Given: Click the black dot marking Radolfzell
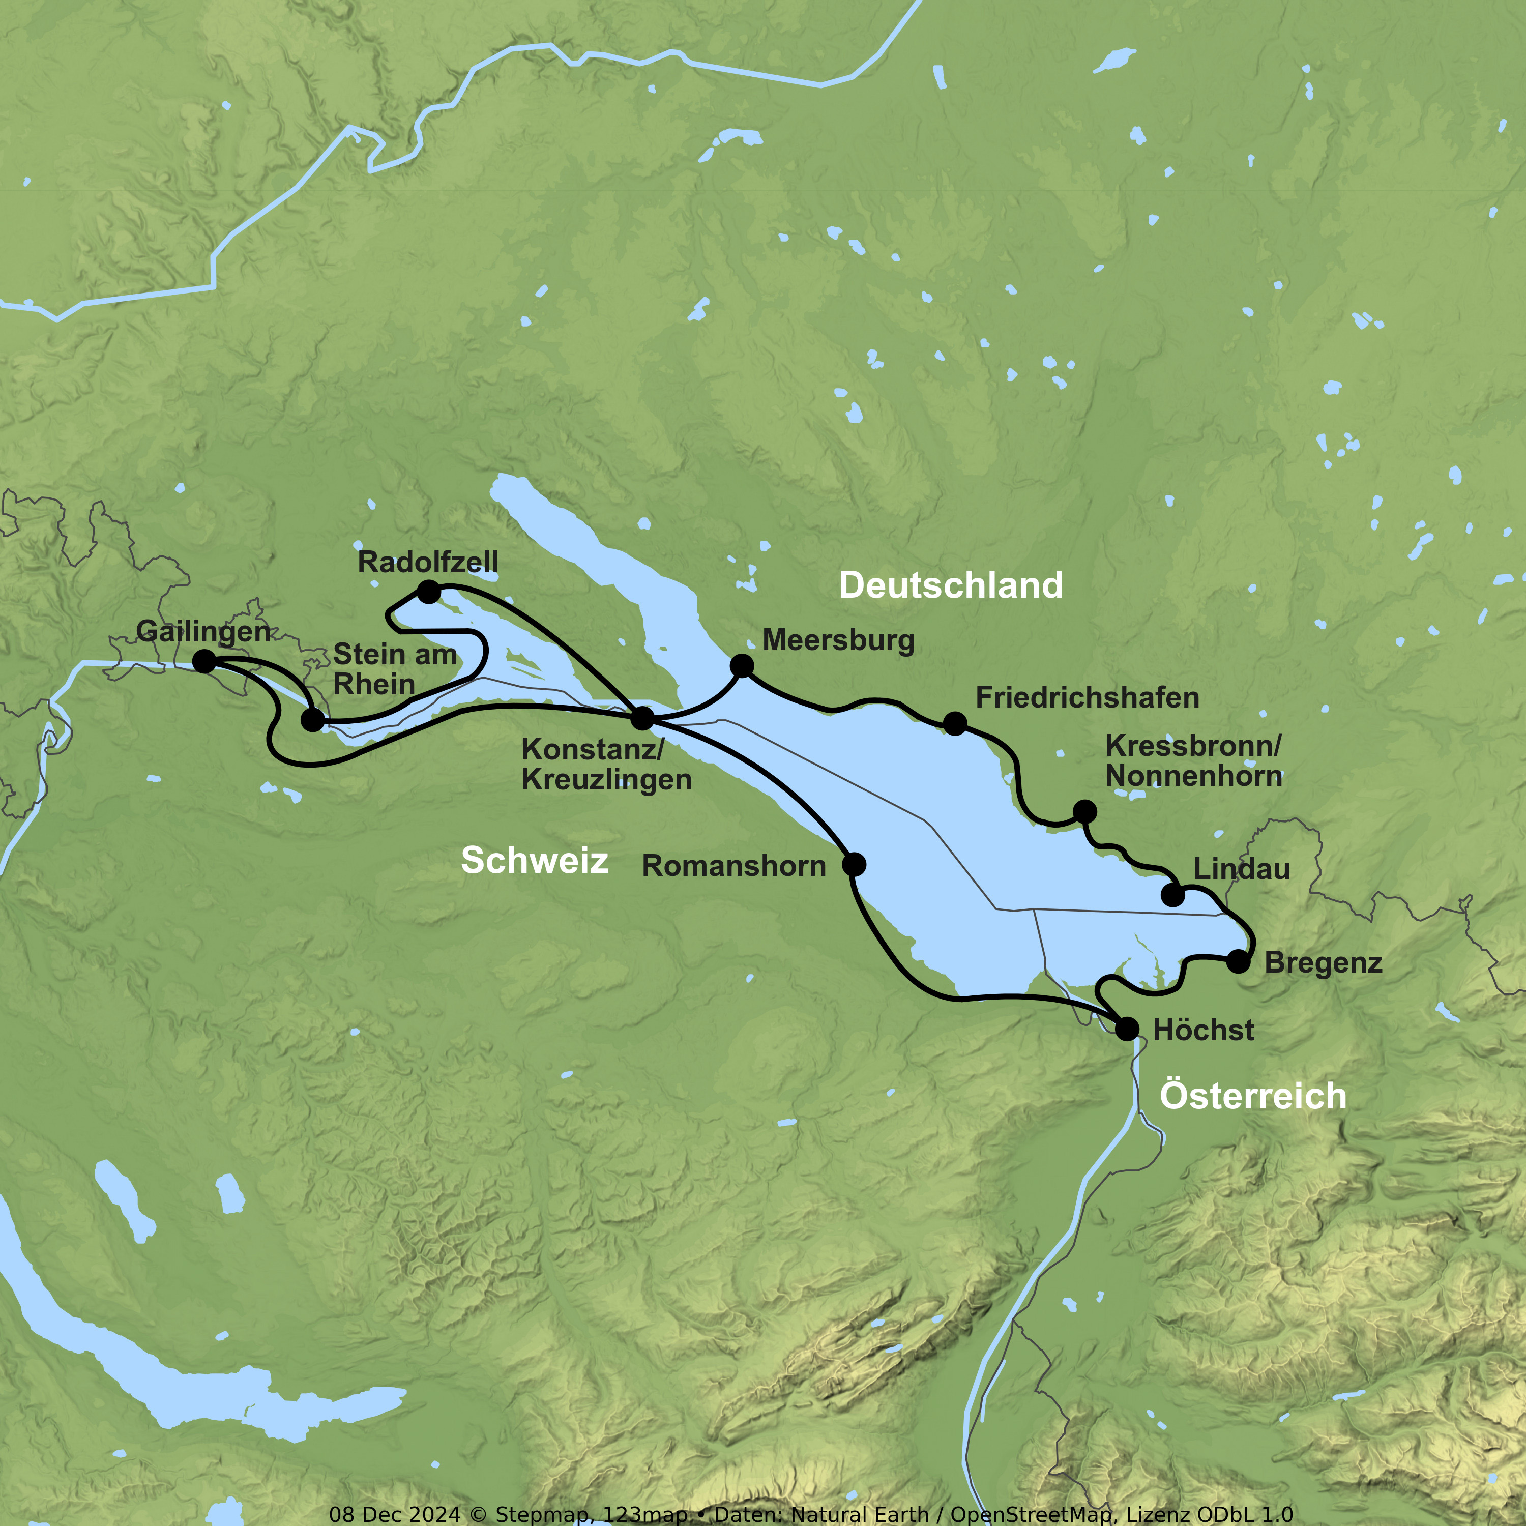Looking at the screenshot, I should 428,592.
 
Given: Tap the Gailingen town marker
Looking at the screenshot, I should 204,661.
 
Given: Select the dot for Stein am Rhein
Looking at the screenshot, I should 313,720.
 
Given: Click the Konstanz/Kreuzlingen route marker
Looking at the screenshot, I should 643,718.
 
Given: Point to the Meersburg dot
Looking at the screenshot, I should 742,666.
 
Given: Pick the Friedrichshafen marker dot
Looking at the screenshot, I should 955,723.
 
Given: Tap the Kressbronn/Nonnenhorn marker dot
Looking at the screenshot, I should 1084,811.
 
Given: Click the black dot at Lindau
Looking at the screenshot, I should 1173,895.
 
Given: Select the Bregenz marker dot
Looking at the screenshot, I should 1239,961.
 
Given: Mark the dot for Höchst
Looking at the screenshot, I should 1127,1029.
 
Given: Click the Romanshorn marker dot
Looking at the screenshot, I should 854,864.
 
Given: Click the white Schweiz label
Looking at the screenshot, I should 535,860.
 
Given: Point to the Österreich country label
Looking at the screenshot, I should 1253,1096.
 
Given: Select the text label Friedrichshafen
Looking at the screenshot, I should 1087,697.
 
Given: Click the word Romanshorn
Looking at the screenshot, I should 734,866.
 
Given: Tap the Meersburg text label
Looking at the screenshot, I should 838,640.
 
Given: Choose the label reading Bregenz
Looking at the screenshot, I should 1323,963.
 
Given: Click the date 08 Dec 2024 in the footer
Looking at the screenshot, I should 394,1514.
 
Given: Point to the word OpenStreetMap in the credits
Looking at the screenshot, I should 1030,1514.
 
